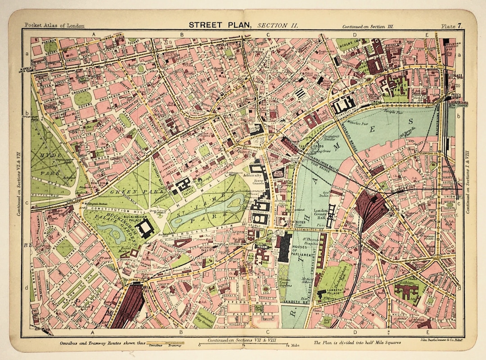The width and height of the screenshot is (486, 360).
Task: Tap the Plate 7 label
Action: click(x=451, y=26)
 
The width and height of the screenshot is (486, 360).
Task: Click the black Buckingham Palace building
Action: click(x=147, y=229)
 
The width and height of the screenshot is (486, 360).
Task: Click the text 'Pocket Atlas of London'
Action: click(x=54, y=26)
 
